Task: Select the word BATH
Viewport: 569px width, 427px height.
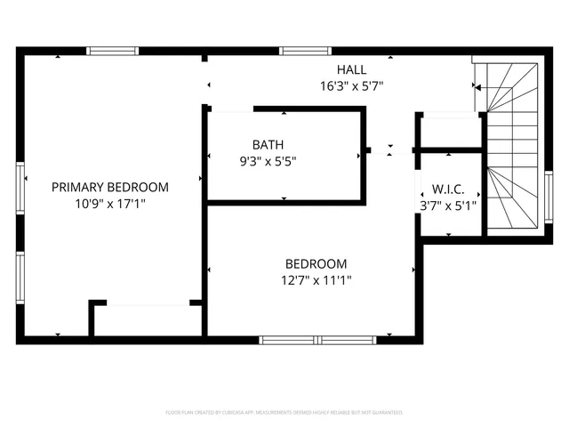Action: tap(268, 144)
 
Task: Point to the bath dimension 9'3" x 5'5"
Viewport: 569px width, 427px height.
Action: tap(268, 161)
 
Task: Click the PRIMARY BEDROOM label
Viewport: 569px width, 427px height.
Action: tap(109, 187)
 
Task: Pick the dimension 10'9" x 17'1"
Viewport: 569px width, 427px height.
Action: tap(109, 204)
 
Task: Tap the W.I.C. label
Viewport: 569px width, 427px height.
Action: tap(448, 189)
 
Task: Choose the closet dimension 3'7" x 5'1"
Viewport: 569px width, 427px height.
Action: tap(448, 205)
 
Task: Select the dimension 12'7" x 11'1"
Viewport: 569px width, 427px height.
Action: tap(316, 281)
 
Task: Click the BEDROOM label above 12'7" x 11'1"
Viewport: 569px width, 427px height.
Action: tap(316, 264)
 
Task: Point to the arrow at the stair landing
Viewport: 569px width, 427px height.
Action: tap(477, 87)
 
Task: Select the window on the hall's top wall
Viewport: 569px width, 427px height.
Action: tap(305, 52)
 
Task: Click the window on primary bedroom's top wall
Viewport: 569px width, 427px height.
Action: tap(113, 52)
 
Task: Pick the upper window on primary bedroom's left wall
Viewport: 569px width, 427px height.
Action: tap(20, 189)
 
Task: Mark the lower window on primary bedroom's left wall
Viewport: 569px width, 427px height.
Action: tap(20, 278)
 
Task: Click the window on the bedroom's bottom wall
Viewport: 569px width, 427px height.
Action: tap(317, 339)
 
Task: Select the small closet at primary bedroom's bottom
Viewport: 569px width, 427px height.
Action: tap(148, 320)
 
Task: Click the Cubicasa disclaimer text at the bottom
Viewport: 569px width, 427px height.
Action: tap(284, 413)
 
